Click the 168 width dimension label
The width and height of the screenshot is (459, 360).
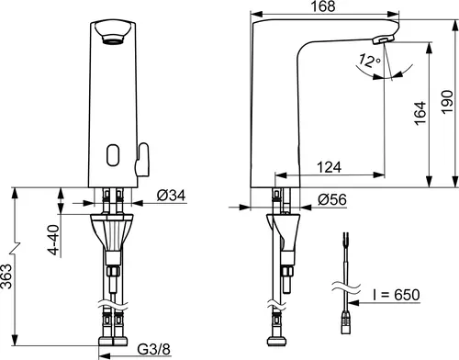[323, 6]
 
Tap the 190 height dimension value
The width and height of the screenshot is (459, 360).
[447, 102]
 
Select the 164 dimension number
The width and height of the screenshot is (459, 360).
[420, 113]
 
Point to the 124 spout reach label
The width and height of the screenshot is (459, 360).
[329, 167]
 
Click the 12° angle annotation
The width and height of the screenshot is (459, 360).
[370, 61]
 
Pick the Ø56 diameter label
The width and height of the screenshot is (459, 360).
[332, 199]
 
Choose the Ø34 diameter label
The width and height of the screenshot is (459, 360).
[171, 196]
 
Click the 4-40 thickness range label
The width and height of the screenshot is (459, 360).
[54, 240]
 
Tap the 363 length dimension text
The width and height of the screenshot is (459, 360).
[6, 276]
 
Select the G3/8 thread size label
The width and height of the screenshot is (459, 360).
[153, 349]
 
